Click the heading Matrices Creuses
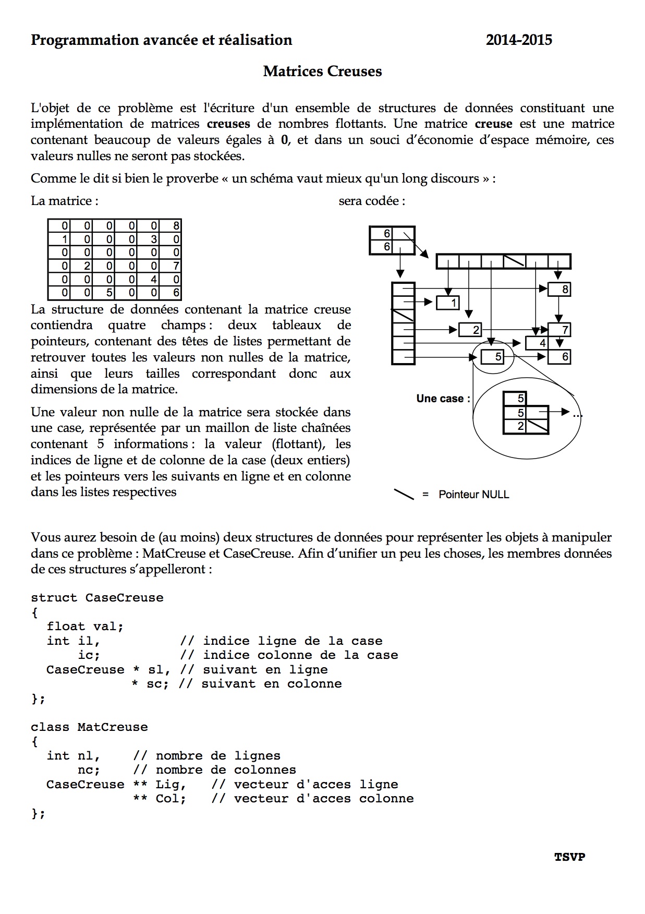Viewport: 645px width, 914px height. pyautogui.click(x=322, y=71)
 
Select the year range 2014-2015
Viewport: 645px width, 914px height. pyautogui.click(x=519, y=40)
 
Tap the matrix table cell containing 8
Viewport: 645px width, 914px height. pyautogui.click(x=176, y=226)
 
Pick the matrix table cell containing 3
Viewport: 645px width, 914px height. pyautogui.click(x=154, y=239)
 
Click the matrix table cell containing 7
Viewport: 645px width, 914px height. pyautogui.click(x=176, y=267)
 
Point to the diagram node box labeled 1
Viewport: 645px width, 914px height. pyautogui.click(x=447, y=303)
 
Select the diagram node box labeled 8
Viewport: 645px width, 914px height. pyautogui.click(x=559, y=289)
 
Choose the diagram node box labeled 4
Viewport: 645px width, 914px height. pyautogui.click(x=538, y=343)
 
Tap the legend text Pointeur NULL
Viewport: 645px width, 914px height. pyautogui.click(x=473, y=495)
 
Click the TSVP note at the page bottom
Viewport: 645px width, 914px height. pyautogui.click(x=569, y=857)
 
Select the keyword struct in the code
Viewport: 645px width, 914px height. pyautogui.click(x=54, y=598)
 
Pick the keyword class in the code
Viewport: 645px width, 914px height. pyautogui.click(x=50, y=727)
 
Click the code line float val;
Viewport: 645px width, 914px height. pyautogui.click(x=85, y=627)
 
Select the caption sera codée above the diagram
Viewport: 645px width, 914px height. pyautogui.click(x=372, y=201)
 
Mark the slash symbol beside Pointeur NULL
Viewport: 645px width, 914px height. pyautogui.click(x=404, y=494)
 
